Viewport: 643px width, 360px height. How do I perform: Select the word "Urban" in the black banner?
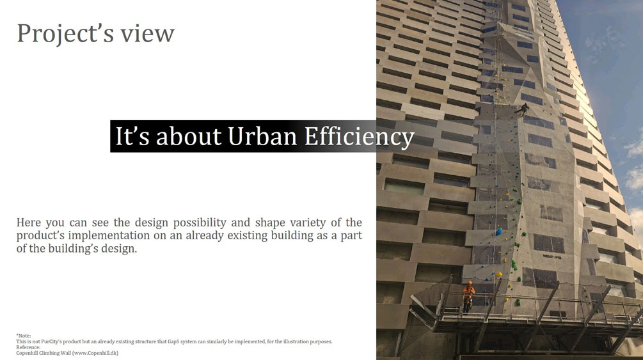[x=262, y=137]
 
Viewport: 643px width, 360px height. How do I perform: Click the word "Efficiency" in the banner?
[x=359, y=137]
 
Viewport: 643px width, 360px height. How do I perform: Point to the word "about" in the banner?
[x=189, y=137]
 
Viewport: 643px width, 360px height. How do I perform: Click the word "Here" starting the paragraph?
[x=29, y=223]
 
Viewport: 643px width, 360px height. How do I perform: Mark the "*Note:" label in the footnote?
[x=24, y=336]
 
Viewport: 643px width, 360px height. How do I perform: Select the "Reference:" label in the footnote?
[x=28, y=347]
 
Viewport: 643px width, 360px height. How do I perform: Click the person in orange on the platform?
[x=468, y=297]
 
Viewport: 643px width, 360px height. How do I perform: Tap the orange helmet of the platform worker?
[x=470, y=283]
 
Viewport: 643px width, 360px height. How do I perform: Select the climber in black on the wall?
[x=522, y=109]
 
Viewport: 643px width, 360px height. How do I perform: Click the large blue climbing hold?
[x=498, y=231]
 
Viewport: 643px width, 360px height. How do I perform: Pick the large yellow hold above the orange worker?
[x=498, y=274]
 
